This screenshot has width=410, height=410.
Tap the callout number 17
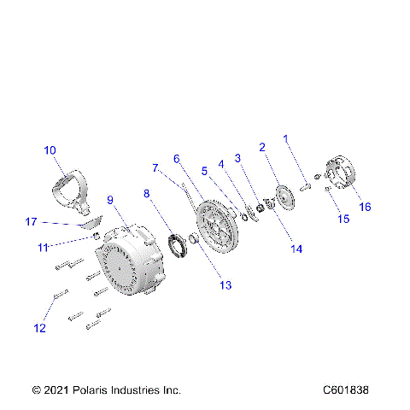pos(31,222)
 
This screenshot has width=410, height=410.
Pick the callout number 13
pos(225,284)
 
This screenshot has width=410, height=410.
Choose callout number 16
pos(365,206)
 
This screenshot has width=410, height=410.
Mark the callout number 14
pos(296,249)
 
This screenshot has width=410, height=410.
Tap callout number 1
pos(286,137)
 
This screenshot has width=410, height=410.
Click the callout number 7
pos(155,167)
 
